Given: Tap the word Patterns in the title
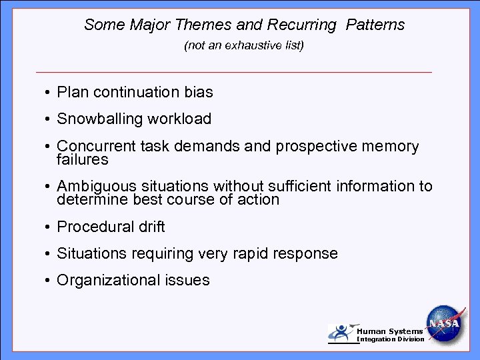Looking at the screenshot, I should pos(375,25).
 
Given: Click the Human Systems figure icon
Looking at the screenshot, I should pos(341,333).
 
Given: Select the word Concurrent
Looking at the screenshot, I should pos(97,147).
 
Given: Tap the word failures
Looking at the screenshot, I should pos(83,160).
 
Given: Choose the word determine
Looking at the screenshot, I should pos(89,200).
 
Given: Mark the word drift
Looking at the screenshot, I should pos(151,227).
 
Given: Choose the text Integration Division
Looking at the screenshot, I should pos(391,339).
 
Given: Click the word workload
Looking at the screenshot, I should pos(180,119).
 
